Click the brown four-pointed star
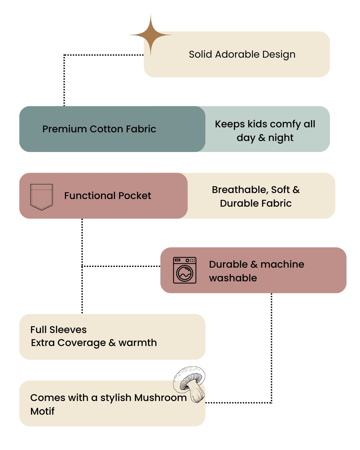click(150, 35)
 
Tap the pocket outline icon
click(41, 197)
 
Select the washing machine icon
click(184, 270)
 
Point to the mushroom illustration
click(189, 384)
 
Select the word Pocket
click(135, 196)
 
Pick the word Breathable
click(240, 190)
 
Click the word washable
click(233, 278)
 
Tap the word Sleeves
click(68, 330)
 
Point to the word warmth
click(138, 343)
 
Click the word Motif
click(42, 411)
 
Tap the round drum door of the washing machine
click(185, 273)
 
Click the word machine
click(282, 264)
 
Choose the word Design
click(279, 55)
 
